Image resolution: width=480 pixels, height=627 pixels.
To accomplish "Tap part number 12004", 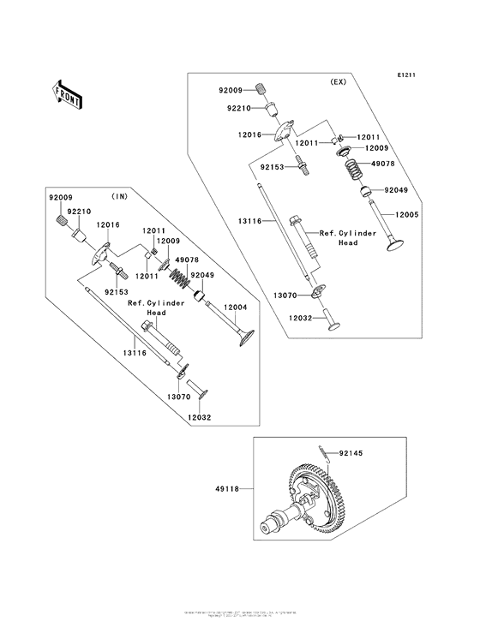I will [236, 307].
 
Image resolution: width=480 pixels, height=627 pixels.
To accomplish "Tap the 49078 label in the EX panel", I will [382, 163].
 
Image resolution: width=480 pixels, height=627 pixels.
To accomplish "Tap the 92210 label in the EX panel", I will [239, 109].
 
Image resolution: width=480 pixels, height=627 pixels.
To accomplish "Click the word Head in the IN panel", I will [155, 313].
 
